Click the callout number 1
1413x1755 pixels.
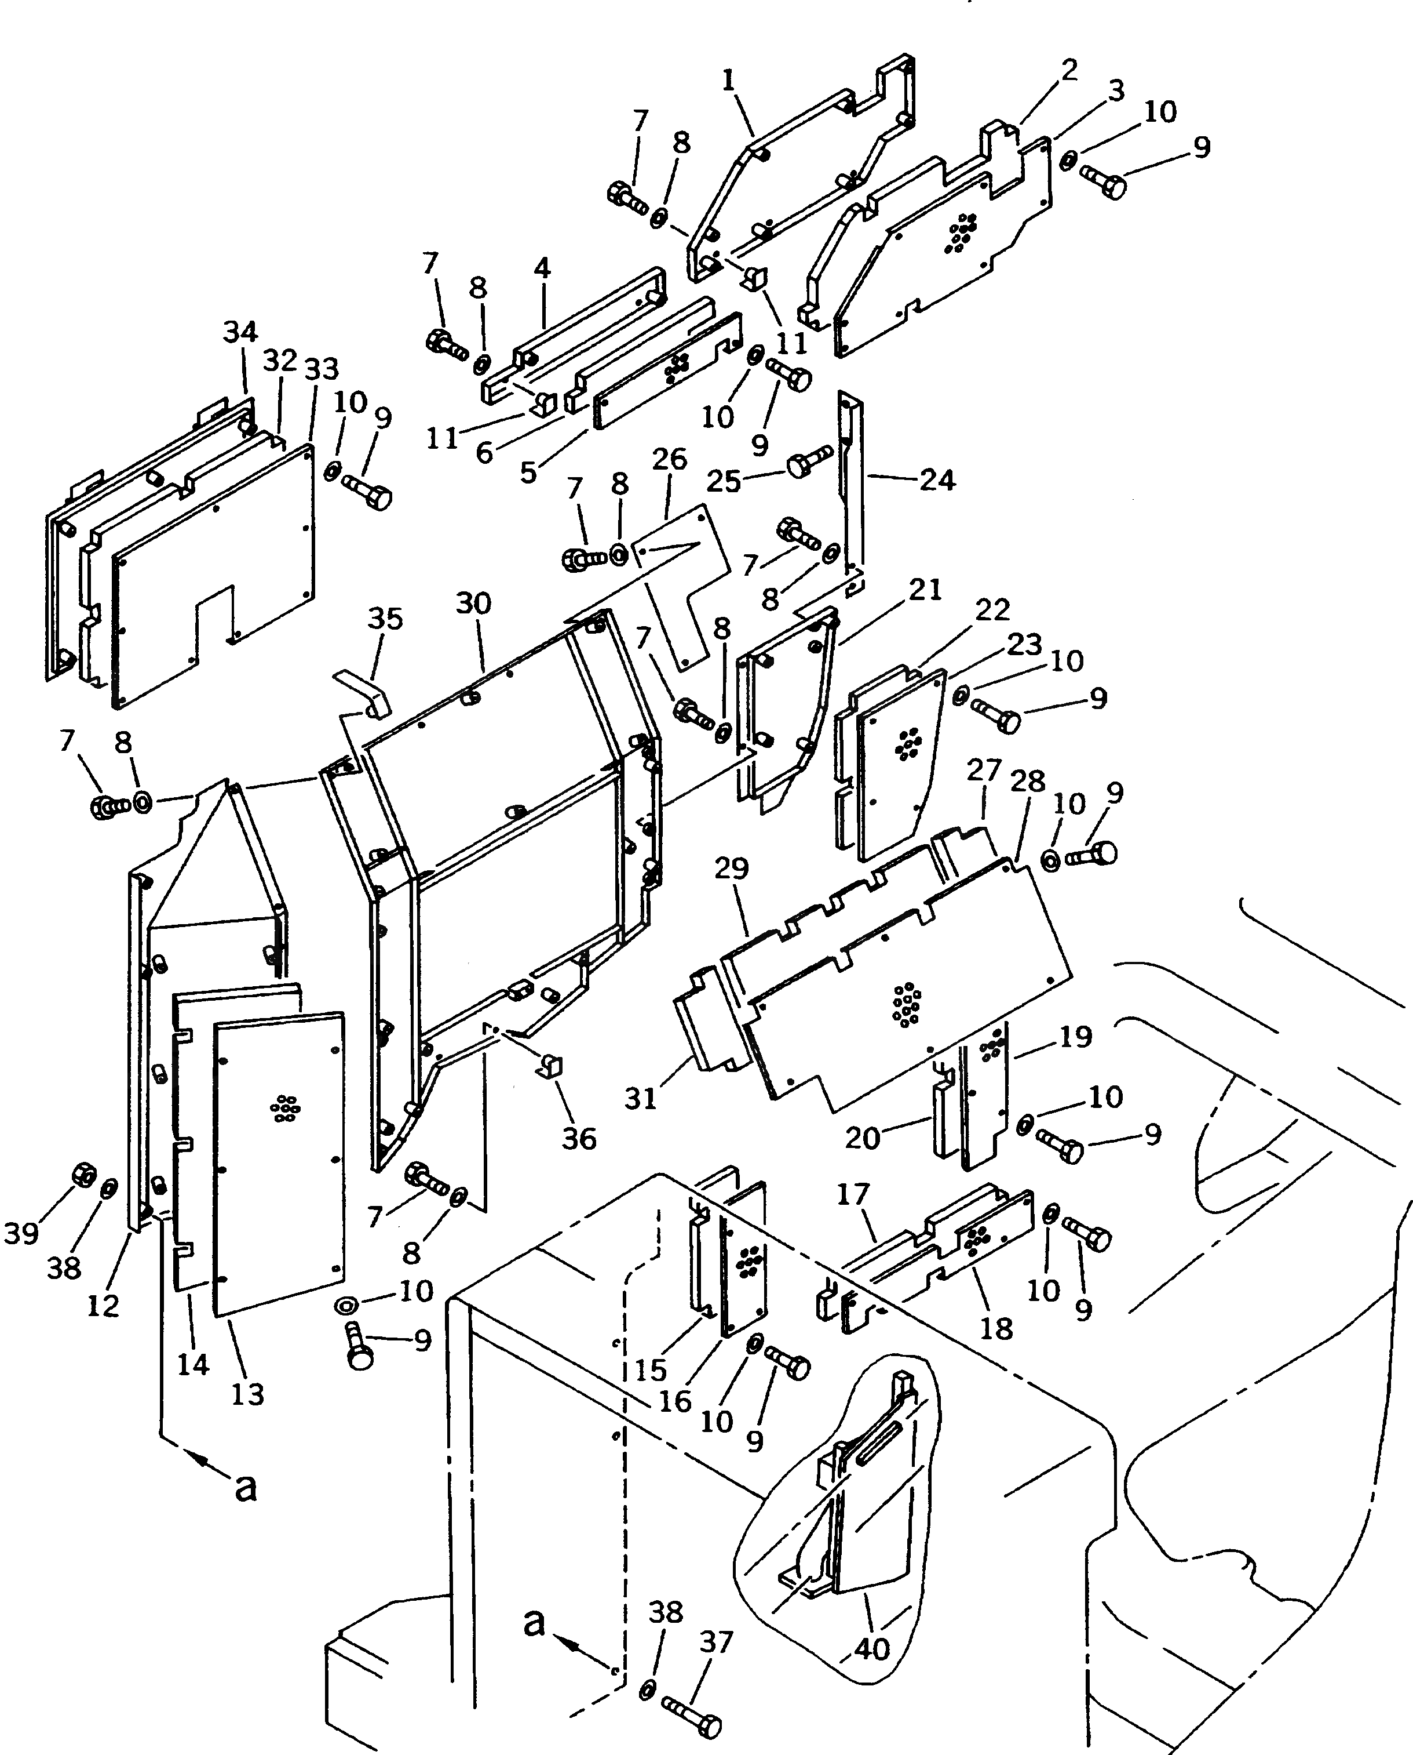point(728,81)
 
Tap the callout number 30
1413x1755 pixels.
point(474,604)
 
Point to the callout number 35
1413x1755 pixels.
point(385,619)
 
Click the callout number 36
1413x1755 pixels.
point(579,1139)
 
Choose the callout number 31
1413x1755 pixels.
point(641,1099)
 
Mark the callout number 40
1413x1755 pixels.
point(872,1649)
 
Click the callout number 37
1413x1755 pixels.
point(716,1643)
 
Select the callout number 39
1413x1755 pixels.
point(21,1234)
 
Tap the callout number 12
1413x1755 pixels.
point(103,1306)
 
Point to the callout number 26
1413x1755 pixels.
point(670,459)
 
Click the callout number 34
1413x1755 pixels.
point(240,332)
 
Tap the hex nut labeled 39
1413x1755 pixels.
point(84,1175)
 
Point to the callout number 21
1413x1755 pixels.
point(925,590)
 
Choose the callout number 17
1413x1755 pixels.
point(853,1195)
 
